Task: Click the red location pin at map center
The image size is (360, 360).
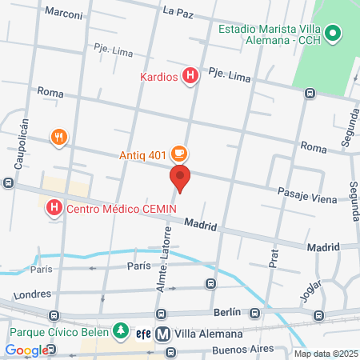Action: pos(180,178)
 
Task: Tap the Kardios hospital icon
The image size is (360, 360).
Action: pos(190,77)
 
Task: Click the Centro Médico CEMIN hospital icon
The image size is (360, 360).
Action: pos(54,210)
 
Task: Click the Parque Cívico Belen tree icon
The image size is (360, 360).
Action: pos(120,330)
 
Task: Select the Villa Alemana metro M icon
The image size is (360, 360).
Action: pos(162,334)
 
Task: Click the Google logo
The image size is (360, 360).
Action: pos(26,350)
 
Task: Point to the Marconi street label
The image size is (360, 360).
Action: pos(65,12)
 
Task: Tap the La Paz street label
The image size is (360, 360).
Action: pos(178,11)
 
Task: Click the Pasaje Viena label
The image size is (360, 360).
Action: pos(306,195)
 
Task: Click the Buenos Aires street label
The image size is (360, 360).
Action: pos(241,350)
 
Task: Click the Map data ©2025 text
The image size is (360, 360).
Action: pos(325,354)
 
